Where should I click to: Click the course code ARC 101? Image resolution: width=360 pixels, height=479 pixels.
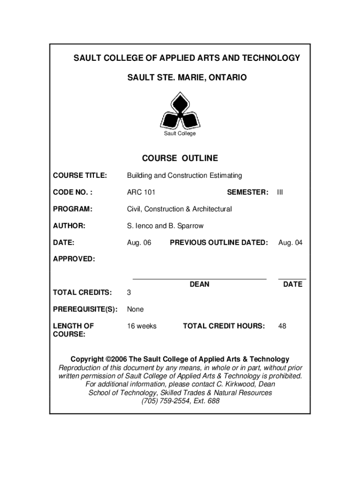[141, 192]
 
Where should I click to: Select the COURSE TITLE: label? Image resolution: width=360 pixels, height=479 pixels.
[80, 175]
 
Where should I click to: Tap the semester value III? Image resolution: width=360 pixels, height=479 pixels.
[280, 192]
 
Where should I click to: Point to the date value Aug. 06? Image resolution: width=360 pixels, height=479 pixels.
[139, 243]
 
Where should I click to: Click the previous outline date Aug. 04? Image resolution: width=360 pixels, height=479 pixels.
[290, 243]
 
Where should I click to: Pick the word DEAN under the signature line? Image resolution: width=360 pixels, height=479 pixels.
[199, 284]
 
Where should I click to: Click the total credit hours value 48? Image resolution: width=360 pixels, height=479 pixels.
[282, 326]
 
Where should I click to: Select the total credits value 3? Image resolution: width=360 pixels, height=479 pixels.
[129, 293]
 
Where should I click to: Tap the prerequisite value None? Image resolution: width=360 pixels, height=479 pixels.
[135, 309]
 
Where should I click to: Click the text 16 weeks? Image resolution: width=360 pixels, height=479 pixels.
[142, 326]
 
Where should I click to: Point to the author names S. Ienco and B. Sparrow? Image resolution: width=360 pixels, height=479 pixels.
[165, 226]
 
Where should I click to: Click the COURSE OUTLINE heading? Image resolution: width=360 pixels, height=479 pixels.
[180, 159]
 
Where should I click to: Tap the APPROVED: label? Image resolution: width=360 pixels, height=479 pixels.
[73, 259]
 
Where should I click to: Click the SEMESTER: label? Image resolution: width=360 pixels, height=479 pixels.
[247, 192]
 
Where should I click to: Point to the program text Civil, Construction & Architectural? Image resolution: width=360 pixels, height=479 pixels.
[179, 209]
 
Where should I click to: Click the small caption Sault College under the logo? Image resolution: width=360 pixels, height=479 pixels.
[180, 134]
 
